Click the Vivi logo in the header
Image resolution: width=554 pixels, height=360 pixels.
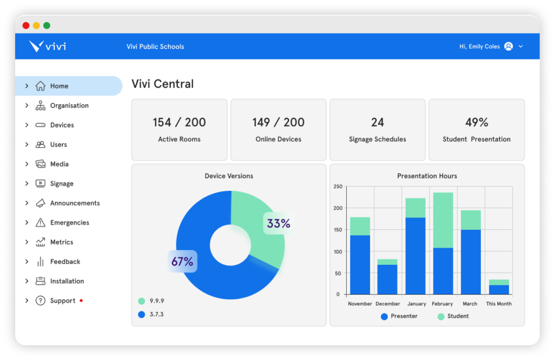(x=48, y=46)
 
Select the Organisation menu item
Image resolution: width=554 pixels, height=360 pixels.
(x=69, y=105)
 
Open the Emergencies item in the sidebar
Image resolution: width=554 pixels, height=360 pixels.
(x=69, y=223)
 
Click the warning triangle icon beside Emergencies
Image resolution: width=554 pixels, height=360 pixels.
(x=41, y=223)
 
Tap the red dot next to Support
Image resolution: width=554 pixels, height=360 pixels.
(x=81, y=300)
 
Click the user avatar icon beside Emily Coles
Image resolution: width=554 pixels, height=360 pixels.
(x=508, y=46)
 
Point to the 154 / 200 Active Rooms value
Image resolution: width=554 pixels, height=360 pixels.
(x=179, y=123)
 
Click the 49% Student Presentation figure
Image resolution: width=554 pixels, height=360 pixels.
(x=476, y=123)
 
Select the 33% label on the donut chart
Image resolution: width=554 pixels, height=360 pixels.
(x=279, y=223)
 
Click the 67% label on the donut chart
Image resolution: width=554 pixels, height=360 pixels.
(x=182, y=262)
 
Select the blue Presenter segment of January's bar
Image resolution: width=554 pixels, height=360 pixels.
(x=415, y=255)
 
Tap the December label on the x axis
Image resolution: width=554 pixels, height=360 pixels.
(x=387, y=304)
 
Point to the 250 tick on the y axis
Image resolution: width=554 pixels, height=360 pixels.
(x=338, y=186)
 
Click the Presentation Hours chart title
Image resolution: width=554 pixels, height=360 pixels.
(x=427, y=176)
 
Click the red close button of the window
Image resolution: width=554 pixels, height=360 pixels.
(x=26, y=25)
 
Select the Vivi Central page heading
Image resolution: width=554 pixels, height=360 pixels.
(x=162, y=84)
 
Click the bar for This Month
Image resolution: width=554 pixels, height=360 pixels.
(x=498, y=288)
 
